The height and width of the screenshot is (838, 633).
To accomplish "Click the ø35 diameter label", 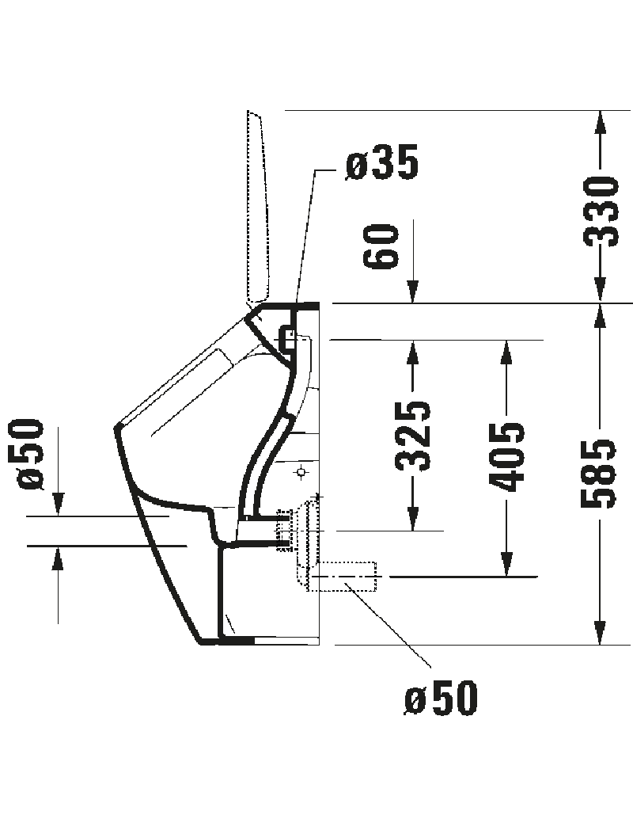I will point(382,165).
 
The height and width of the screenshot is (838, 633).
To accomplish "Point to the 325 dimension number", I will point(413,436).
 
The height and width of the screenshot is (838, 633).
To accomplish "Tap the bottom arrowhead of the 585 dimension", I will point(601,634).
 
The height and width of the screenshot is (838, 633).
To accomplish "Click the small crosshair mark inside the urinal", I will point(301,475).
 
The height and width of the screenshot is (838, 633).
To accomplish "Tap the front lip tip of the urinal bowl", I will point(117,428).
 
